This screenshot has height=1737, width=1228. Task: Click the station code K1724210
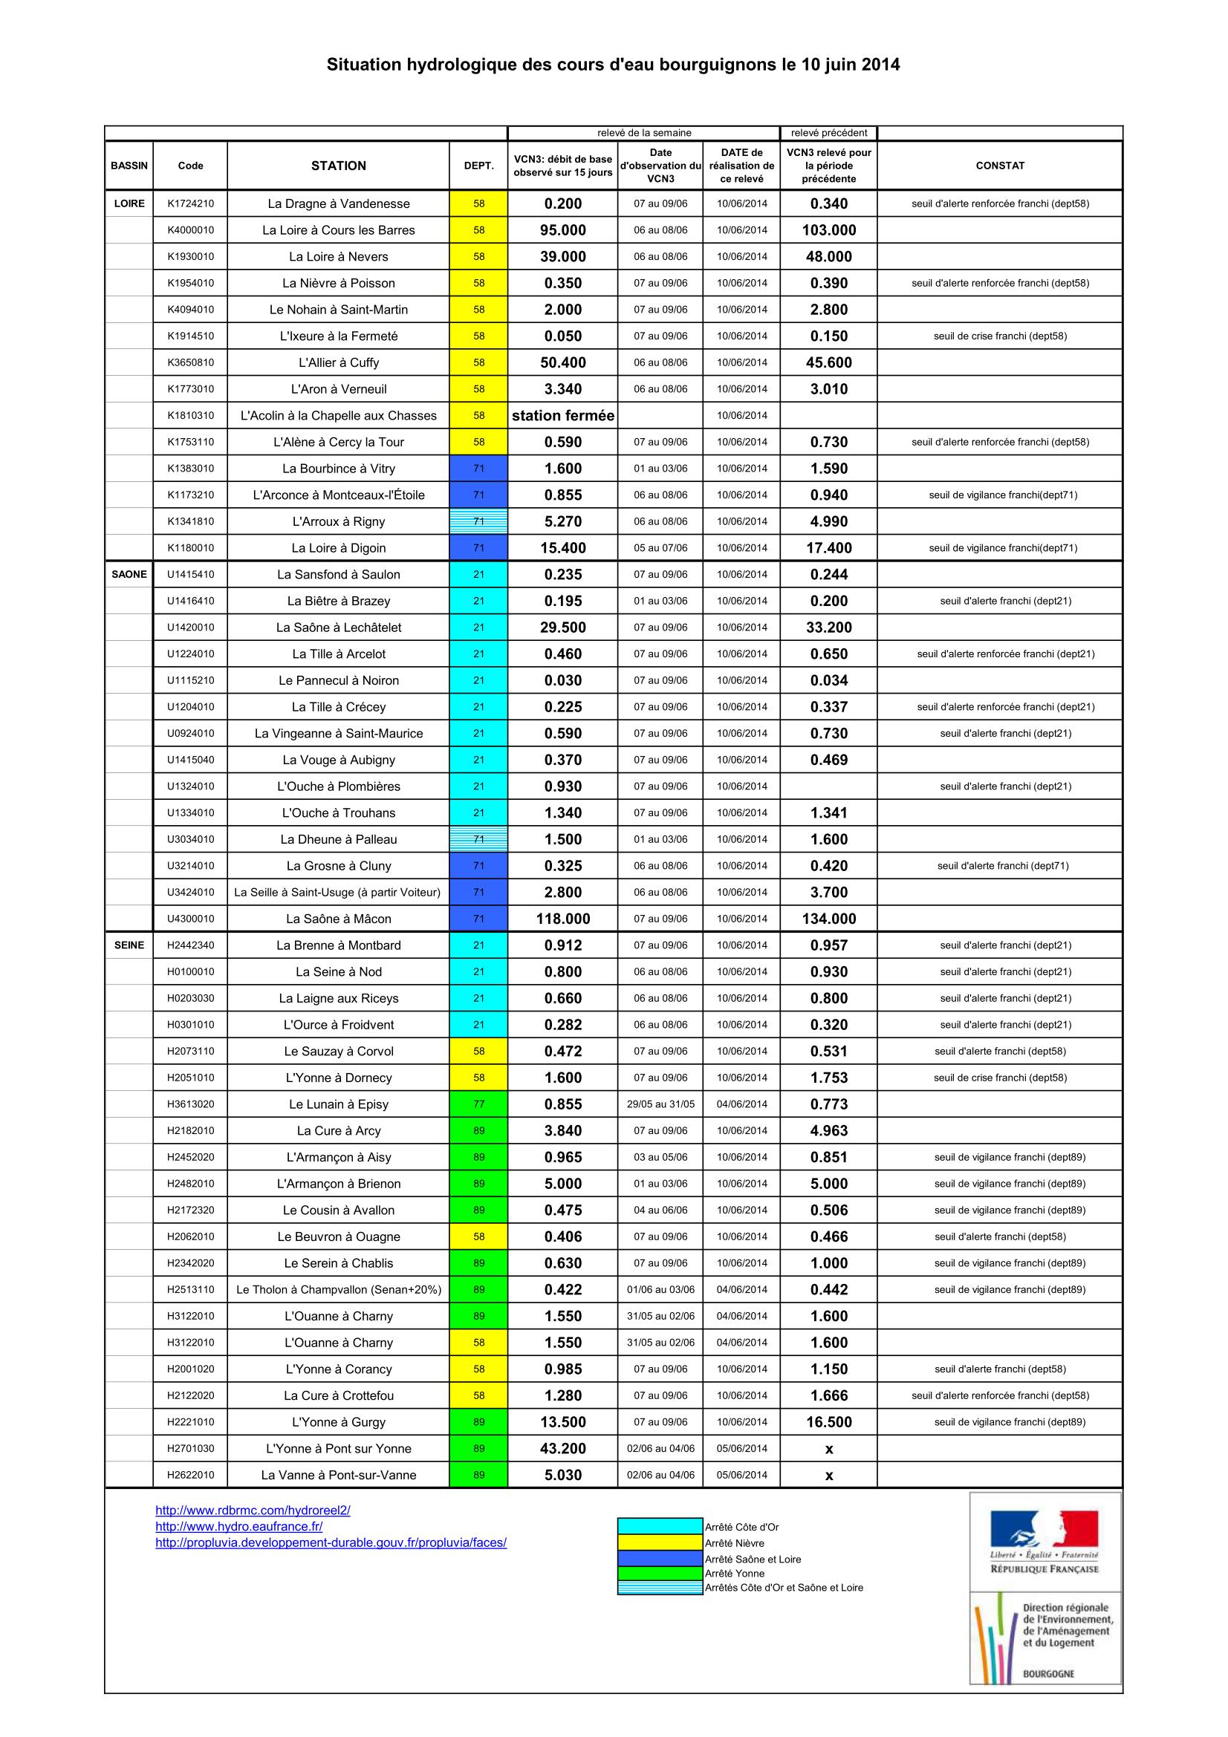click(x=190, y=203)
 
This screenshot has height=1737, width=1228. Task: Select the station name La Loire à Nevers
click(x=338, y=256)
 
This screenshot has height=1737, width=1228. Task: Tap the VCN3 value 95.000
click(x=563, y=230)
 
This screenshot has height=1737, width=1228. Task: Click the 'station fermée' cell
click(x=563, y=415)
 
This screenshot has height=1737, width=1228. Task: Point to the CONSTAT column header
click(x=999, y=166)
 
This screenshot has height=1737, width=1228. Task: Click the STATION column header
click(x=338, y=166)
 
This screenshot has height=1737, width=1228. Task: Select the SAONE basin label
click(x=129, y=574)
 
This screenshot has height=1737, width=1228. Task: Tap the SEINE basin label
click(x=129, y=945)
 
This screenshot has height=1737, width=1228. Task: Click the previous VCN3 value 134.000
click(x=828, y=919)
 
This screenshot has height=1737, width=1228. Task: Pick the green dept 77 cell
click(x=478, y=1104)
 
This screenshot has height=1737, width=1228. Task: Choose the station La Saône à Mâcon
click(x=338, y=919)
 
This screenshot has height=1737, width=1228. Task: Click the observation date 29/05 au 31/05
click(x=660, y=1104)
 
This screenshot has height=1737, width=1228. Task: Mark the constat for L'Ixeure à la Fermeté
click(x=999, y=336)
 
